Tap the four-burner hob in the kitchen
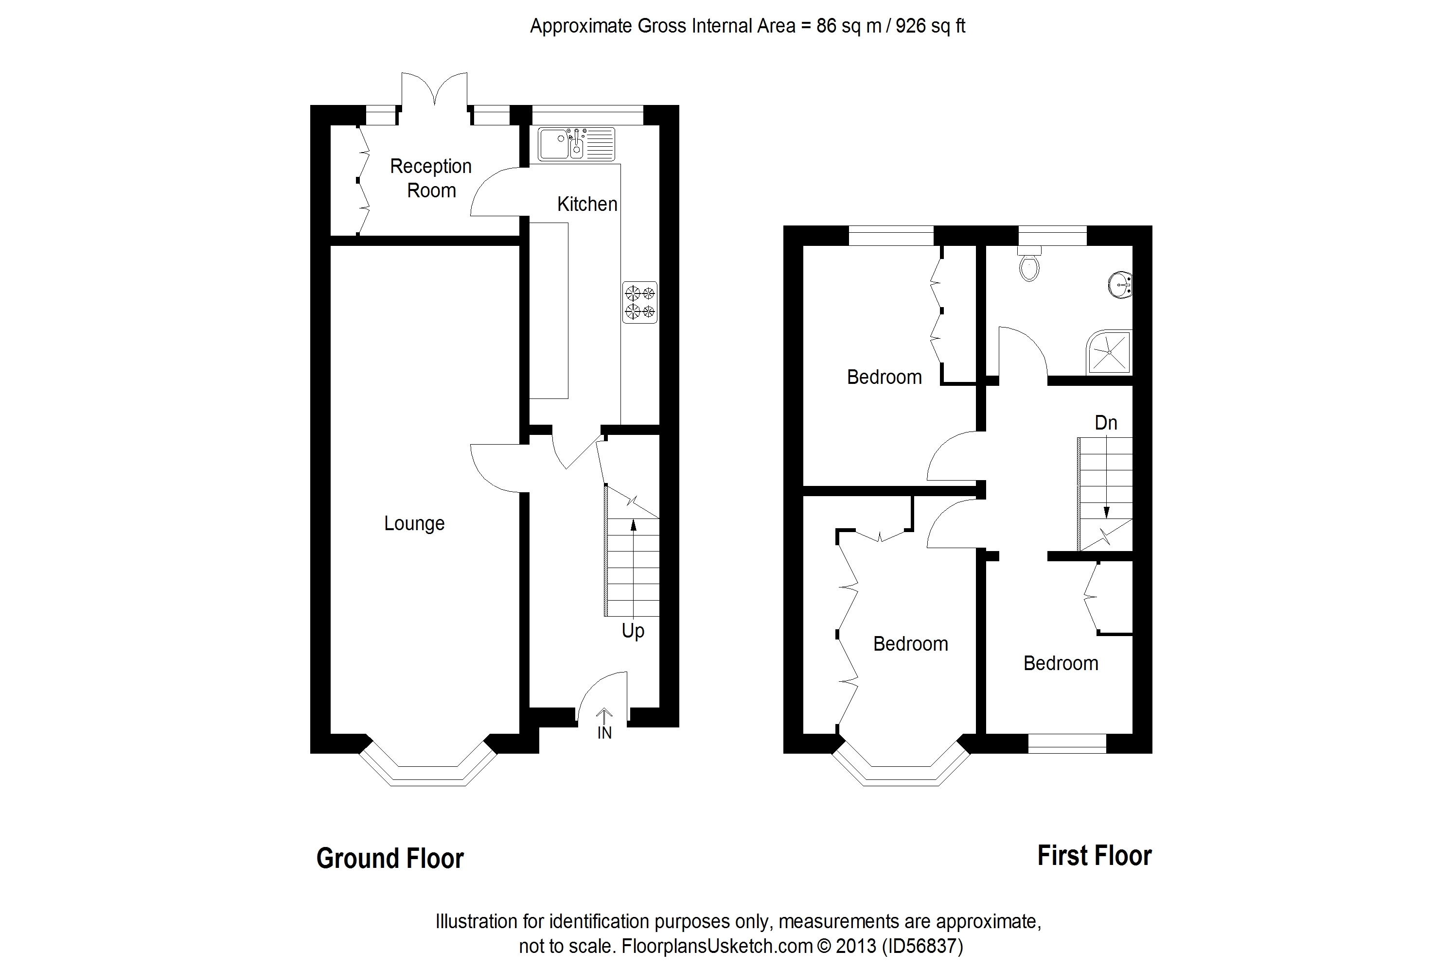tap(639, 302)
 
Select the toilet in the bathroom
tap(1029, 265)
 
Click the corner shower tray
tap(1109, 352)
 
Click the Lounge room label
tap(414, 523)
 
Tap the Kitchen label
tap(587, 204)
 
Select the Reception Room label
tap(430, 178)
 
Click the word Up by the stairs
tap(633, 631)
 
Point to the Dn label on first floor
tap(1106, 423)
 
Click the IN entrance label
tap(604, 732)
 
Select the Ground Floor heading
tap(389, 858)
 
